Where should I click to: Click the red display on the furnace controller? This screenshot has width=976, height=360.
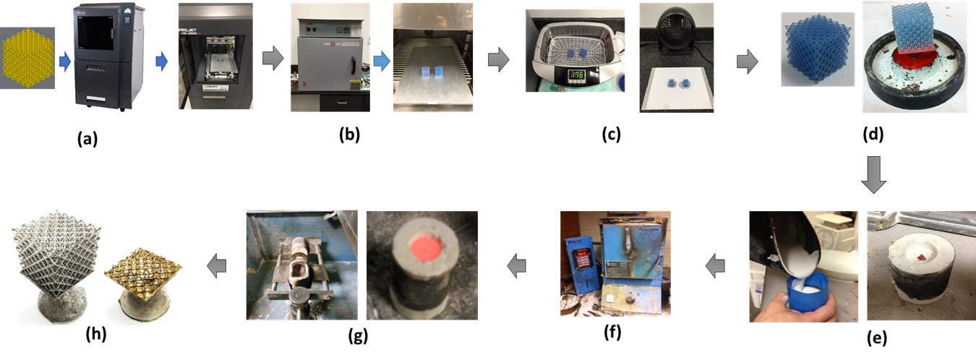576,257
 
